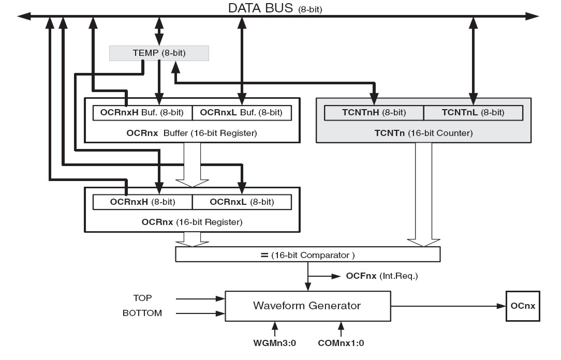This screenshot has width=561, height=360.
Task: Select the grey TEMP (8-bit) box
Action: (159, 53)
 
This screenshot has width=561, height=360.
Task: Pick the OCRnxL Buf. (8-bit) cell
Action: (241, 113)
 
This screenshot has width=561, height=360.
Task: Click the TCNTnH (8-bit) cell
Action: (374, 113)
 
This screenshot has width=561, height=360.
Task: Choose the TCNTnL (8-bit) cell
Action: (473, 113)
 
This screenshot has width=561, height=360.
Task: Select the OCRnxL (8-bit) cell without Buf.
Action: (241, 202)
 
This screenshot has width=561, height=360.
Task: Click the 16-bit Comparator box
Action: (308, 254)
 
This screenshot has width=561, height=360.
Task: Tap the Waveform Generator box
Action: (307, 306)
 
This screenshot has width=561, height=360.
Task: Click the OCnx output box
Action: (522, 306)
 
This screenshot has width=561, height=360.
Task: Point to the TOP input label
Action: (142, 298)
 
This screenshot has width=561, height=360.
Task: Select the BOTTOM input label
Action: (142, 313)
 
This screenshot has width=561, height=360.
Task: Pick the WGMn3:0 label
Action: (275, 343)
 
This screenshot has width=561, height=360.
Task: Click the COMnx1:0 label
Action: (341, 343)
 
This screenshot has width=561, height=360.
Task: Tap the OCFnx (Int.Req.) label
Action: (381, 276)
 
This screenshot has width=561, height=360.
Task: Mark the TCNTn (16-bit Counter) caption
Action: (423, 133)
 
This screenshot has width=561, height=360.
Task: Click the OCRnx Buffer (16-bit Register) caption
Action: (191, 133)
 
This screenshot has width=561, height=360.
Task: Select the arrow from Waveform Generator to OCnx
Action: (448, 306)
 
